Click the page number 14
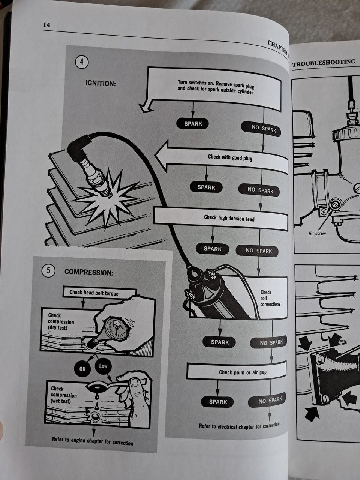click(x=46, y=25)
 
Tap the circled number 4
click(x=82, y=62)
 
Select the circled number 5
click(x=48, y=270)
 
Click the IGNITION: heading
click(x=100, y=83)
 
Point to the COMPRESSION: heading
click(x=89, y=272)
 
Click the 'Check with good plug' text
click(x=230, y=157)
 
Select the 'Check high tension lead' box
click(x=220, y=219)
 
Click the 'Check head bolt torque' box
click(x=99, y=293)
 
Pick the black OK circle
click(x=82, y=369)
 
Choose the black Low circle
click(x=103, y=366)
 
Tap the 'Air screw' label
click(x=317, y=233)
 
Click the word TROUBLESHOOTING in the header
click(x=324, y=63)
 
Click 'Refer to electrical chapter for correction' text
click(x=239, y=426)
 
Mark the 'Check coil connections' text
click(x=270, y=298)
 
